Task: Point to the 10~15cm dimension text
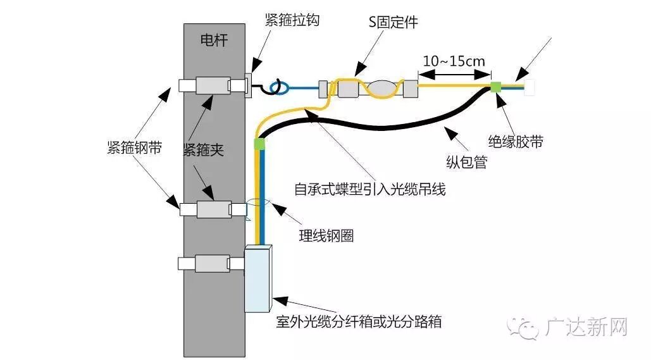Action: pos(454,61)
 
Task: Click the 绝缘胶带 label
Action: pos(515,141)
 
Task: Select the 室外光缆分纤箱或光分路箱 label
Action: pos(359,321)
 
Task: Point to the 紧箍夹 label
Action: pos(203,149)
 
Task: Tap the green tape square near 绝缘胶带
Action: pos(497,88)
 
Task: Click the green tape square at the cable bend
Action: pos(258,144)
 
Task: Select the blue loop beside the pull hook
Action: pos(278,88)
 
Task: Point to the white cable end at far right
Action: pos(530,88)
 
